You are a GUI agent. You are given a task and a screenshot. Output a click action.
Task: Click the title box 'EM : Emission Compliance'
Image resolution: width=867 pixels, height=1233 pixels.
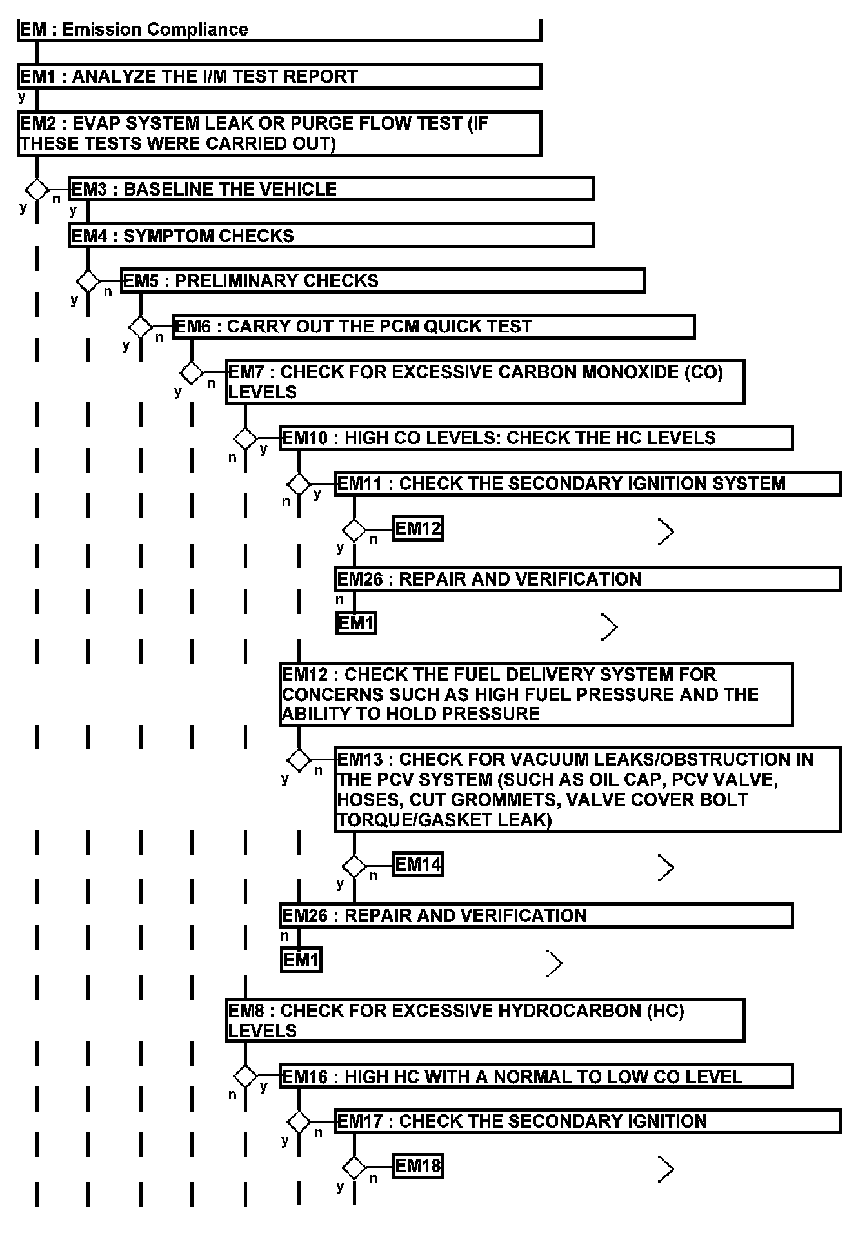(x=279, y=30)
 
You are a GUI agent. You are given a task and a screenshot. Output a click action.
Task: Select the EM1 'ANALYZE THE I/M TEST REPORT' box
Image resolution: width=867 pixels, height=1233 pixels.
(x=279, y=76)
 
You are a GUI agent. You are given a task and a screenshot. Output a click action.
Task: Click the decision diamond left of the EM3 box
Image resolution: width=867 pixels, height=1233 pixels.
(x=37, y=190)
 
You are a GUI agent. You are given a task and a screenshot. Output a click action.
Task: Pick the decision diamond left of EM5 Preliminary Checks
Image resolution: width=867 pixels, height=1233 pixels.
(x=88, y=281)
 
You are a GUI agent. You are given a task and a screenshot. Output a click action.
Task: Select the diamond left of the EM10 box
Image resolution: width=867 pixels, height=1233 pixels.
(x=245, y=438)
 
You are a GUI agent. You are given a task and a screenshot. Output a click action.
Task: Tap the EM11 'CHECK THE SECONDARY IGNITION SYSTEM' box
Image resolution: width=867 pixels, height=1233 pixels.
(x=587, y=484)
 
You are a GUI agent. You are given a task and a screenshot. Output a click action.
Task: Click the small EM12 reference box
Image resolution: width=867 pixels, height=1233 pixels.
(x=418, y=529)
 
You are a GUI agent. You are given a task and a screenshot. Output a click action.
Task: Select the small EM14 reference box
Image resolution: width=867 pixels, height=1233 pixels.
(x=418, y=864)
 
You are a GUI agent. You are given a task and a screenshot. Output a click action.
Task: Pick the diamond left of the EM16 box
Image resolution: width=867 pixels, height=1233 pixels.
(x=245, y=1076)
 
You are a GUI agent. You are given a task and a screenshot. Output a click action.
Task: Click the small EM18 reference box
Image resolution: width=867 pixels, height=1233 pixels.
(x=418, y=1166)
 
